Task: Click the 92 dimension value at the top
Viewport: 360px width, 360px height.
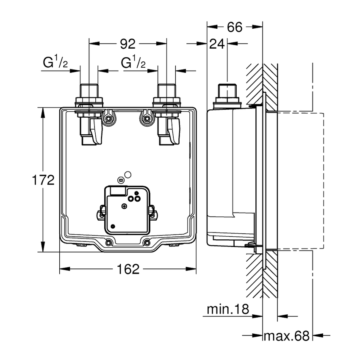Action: [x=127, y=43]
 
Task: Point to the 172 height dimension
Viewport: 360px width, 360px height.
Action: [x=44, y=180]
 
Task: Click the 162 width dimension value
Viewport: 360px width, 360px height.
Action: [x=127, y=269]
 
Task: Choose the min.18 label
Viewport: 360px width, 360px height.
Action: [x=227, y=309]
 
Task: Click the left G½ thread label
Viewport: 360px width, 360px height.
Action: [x=55, y=64]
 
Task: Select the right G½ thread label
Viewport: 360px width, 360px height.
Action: [x=133, y=64]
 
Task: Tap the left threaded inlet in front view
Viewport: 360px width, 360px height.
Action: [x=89, y=91]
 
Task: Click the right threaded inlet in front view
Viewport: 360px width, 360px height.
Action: [x=166, y=91]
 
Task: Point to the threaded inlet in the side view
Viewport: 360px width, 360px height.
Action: [x=228, y=91]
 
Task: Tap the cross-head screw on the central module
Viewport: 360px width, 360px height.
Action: [x=124, y=206]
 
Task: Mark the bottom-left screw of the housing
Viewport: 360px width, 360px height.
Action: [x=109, y=242]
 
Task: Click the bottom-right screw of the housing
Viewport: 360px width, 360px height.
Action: [x=147, y=242]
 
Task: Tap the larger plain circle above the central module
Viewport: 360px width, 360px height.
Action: [x=128, y=174]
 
